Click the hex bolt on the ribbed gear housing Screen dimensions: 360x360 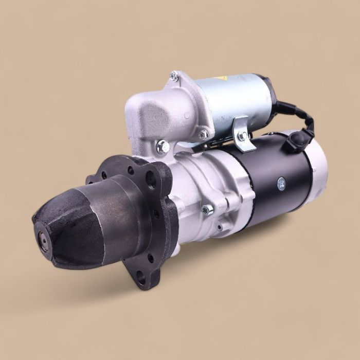pos(207,209)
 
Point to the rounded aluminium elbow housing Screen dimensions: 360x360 pos(149,113)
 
